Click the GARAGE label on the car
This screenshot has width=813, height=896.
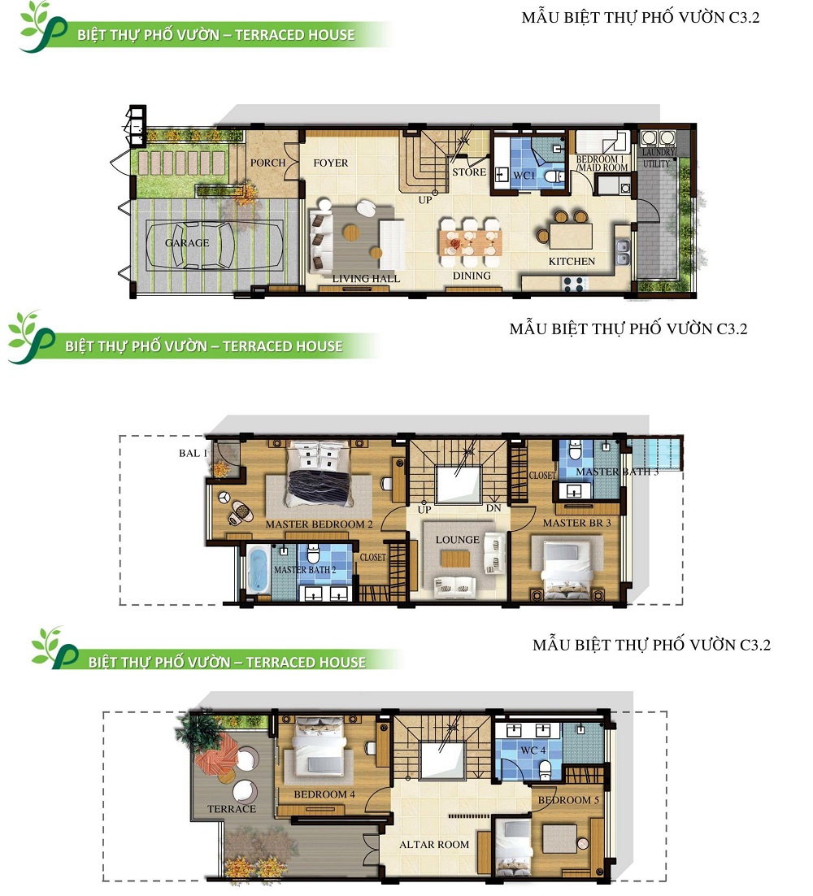(187, 243)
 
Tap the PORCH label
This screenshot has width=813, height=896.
(268, 163)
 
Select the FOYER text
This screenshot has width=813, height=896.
(331, 163)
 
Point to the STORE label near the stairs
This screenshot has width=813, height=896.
(469, 172)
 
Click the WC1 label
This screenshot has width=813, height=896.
(524, 176)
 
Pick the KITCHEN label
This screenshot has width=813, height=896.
(572, 261)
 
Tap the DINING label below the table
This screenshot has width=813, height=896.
(472, 276)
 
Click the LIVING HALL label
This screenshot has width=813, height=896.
(366, 279)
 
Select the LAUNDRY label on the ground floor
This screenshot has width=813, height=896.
(659, 153)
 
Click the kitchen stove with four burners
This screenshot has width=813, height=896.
(574, 284)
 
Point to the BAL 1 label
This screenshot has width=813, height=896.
(193, 453)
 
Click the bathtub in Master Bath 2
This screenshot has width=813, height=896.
(259, 568)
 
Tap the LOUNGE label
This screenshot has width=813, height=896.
(458, 539)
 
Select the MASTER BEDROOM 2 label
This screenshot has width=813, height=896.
(319, 524)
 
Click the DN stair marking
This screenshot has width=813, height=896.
(493, 508)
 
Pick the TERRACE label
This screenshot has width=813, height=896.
(232, 808)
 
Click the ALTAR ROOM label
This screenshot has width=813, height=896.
(434, 845)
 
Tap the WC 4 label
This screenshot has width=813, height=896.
(533, 750)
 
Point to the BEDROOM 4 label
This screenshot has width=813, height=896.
(324, 794)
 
